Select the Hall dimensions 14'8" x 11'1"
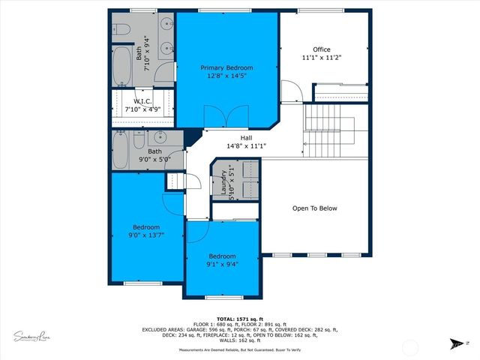point(246,146)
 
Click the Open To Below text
point(315,208)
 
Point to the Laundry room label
point(223,183)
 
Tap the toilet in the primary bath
point(121,30)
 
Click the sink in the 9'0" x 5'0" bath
point(160,137)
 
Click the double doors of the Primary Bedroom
point(226,117)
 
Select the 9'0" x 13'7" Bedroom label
point(146,231)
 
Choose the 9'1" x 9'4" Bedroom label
point(222,259)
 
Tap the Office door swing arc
point(296,92)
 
